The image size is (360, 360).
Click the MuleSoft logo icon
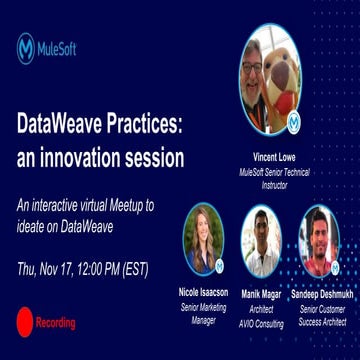point(26,48)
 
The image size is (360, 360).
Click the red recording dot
point(24,322)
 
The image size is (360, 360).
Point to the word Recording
point(55,323)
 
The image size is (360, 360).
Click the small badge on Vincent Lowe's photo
point(293,122)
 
